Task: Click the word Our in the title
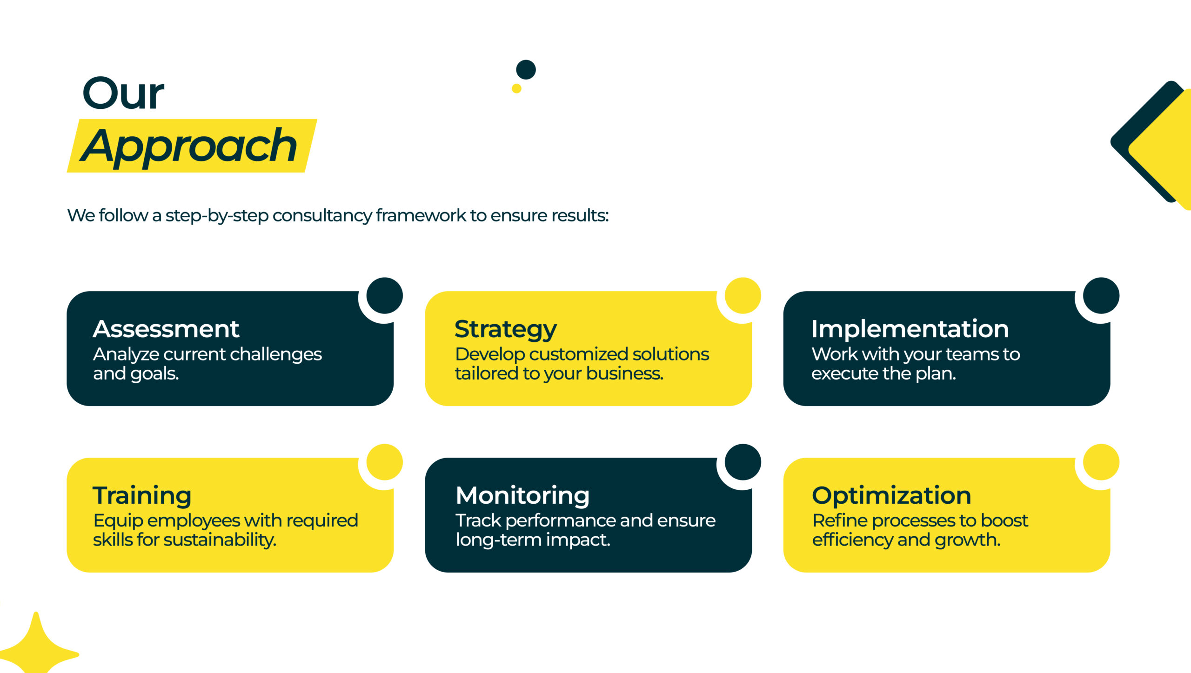pyautogui.click(x=123, y=93)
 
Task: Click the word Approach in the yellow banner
pyautogui.click(x=188, y=147)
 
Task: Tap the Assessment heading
pyautogui.click(x=166, y=329)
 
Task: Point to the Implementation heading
pyautogui.click(x=910, y=329)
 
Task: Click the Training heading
pyautogui.click(x=142, y=496)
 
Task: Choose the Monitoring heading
pyautogui.click(x=522, y=496)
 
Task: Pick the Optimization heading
pyautogui.click(x=891, y=496)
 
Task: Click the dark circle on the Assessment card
pyautogui.click(x=384, y=296)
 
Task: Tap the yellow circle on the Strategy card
pyautogui.click(x=743, y=296)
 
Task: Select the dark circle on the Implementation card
pyautogui.click(x=1101, y=296)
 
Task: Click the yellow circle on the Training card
pyautogui.click(x=384, y=462)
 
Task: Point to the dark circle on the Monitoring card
pyautogui.click(x=743, y=462)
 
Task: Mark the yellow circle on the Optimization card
pyautogui.click(x=1101, y=462)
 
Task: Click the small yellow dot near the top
pyautogui.click(x=516, y=88)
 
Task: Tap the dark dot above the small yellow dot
pyautogui.click(x=526, y=70)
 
